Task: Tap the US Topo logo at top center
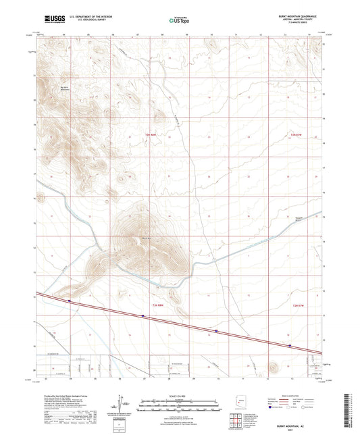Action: pos(177,21)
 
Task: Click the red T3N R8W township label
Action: pos(155,135)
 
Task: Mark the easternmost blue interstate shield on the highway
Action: pos(290,344)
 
